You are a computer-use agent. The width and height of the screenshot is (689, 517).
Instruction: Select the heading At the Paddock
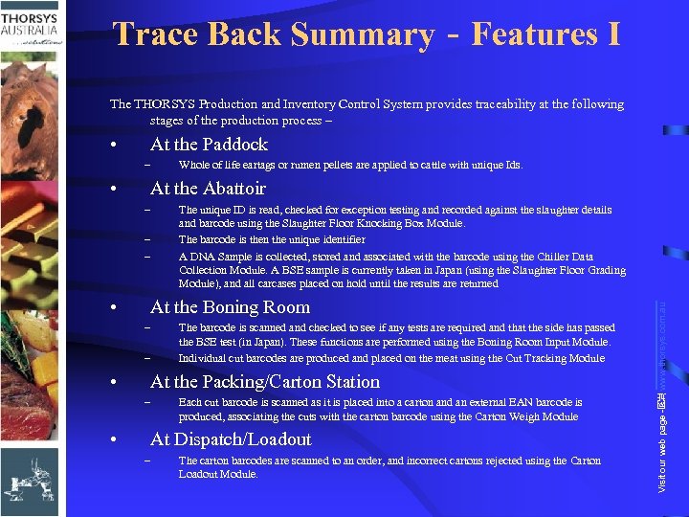click(x=209, y=145)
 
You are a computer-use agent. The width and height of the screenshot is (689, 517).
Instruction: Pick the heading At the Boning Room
click(x=230, y=307)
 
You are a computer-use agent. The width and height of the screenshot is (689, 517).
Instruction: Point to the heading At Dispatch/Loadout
click(x=231, y=439)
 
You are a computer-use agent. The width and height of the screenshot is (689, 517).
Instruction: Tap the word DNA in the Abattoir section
click(x=203, y=258)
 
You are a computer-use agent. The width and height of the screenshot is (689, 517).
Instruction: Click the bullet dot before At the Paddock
click(x=114, y=146)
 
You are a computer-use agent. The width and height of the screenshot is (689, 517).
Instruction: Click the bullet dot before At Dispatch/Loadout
click(x=114, y=440)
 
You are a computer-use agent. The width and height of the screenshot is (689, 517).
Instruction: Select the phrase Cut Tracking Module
click(x=555, y=359)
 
